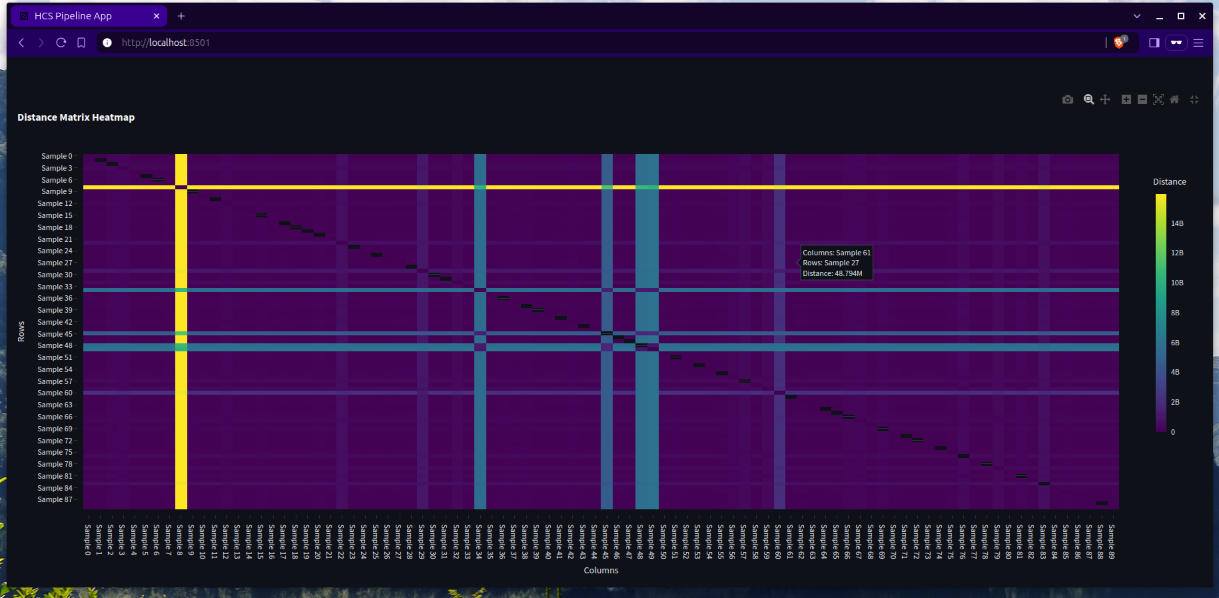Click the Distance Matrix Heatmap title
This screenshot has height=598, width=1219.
pyautogui.click(x=76, y=117)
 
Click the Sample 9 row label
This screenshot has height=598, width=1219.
pyautogui.click(x=57, y=191)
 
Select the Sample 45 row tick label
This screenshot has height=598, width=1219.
pyautogui.click(x=55, y=334)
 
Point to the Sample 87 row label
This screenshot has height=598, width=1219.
pyautogui.click(x=55, y=500)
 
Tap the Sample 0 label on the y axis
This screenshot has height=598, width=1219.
pyautogui.click(x=57, y=156)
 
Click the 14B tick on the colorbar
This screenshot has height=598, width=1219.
pyautogui.click(x=1177, y=223)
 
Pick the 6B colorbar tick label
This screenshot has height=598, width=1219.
pyautogui.click(x=1175, y=343)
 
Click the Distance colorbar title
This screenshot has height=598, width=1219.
pyautogui.click(x=1169, y=182)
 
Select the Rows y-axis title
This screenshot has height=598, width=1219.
pyautogui.click(x=21, y=331)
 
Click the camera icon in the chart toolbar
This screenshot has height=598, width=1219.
pyautogui.click(x=1067, y=99)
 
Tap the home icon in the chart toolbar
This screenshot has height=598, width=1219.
pyautogui.click(x=1174, y=99)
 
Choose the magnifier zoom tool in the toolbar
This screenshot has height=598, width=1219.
pyautogui.click(x=1089, y=99)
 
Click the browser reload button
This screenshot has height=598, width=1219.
pyautogui.click(x=61, y=43)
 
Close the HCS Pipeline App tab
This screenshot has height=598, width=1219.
pyautogui.click(x=157, y=16)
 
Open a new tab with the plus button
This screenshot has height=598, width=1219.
pyautogui.click(x=181, y=16)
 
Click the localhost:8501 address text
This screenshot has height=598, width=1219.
pyautogui.click(x=166, y=43)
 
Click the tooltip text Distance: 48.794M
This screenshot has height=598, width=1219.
pyautogui.click(x=832, y=273)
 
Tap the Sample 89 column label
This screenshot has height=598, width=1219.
pyautogui.click(x=1111, y=542)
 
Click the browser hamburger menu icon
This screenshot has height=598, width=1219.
pyautogui.click(x=1198, y=43)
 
